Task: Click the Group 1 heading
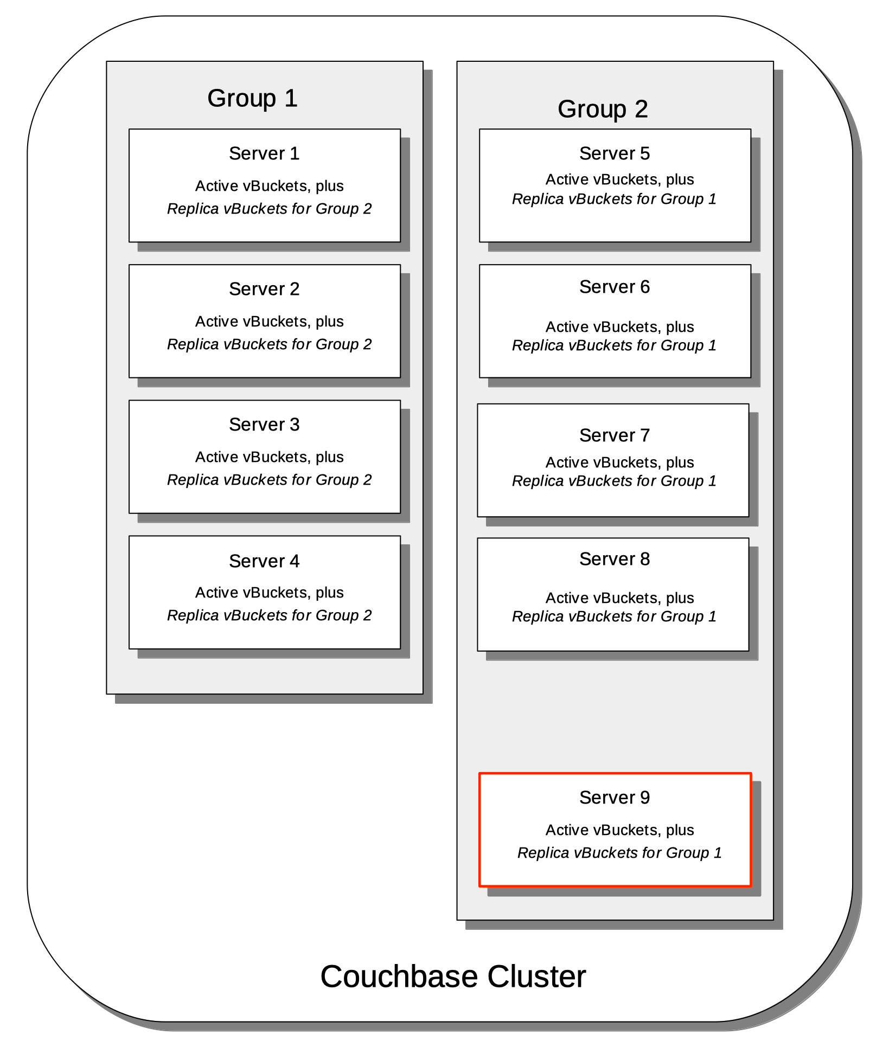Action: [x=252, y=99]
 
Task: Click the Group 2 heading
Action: [x=603, y=110]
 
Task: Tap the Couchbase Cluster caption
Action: [x=453, y=976]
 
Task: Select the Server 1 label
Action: [x=264, y=153]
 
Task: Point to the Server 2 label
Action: [x=264, y=289]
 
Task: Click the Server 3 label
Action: [x=264, y=425]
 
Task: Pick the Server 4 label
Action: [x=264, y=561]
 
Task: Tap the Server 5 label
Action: [x=615, y=153]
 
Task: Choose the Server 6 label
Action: [x=615, y=287]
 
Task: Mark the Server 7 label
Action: [x=615, y=435]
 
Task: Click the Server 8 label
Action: [x=615, y=559]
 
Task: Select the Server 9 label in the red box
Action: [x=615, y=798]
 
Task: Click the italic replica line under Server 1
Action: [x=269, y=209]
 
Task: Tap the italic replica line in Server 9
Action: [x=619, y=853]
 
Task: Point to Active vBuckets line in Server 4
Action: [x=269, y=593]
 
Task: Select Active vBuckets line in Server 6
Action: [x=619, y=327]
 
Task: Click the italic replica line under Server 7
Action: [x=615, y=481]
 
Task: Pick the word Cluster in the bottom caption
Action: [x=536, y=976]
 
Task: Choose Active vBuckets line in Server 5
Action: [x=619, y=179]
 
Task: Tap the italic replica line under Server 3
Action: [x=269, y=480]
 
